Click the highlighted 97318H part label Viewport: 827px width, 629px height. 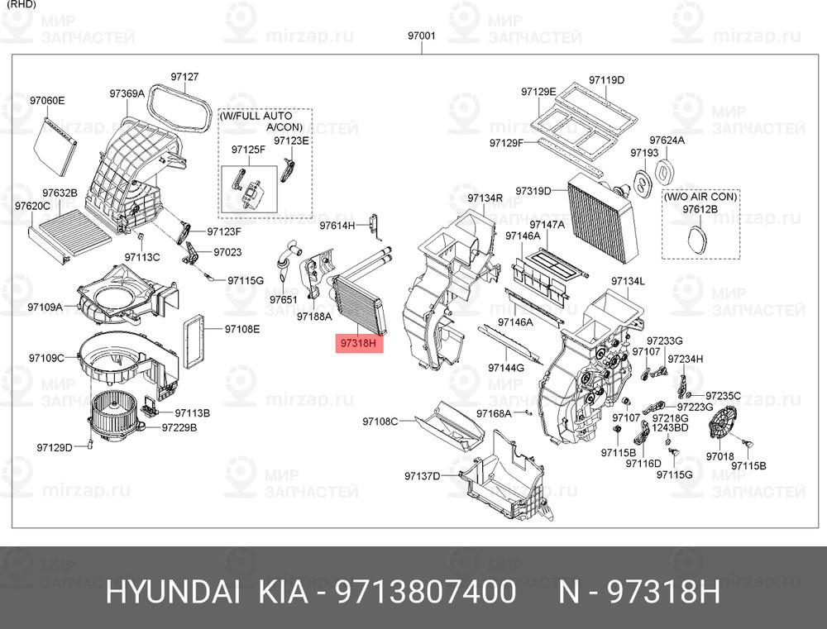pyautogui.click(x=359, y=343)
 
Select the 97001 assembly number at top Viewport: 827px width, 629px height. pyautogui.click(x=422, y=36)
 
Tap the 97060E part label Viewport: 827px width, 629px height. pyautogui.click(x=47, y=100)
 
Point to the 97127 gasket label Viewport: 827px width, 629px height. pyautogui.click(x=184, y=76)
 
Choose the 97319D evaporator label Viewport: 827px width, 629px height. pyautogui.click(x=533, y=191)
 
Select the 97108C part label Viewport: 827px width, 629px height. pyautogui.click(x=380, y=422)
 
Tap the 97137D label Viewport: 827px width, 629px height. pyautogui.click(x=423, y=476)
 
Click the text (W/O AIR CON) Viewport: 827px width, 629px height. pyautogui.click(x=700, y=197)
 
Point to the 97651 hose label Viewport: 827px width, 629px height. pyautogui.click(x=284, y=299)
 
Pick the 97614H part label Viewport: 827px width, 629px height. pyautogui.click(x=337, y=226)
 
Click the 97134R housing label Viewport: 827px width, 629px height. pyautogui.click(x=485, y=198)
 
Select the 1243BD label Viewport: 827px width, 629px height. pyautogui.click(x=671, y=427)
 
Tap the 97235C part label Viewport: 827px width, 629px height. pyautogui.click(x=723, y=395)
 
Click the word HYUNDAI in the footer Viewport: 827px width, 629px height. pyautogui.click(x=174, y=592)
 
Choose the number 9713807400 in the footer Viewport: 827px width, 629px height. pyautogui.click(x=426, y=592)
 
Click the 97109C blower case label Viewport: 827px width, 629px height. pyautogui.click(x=46, y=358)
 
